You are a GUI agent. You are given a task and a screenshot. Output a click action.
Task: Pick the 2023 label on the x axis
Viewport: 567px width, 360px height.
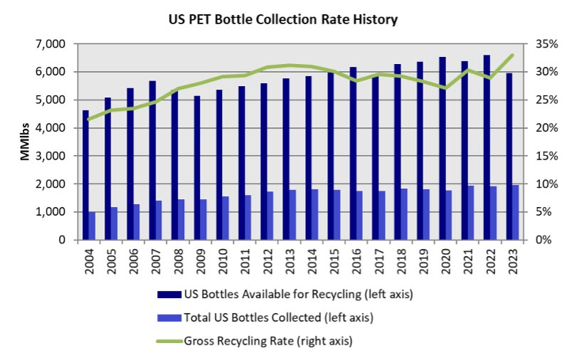(512, 262)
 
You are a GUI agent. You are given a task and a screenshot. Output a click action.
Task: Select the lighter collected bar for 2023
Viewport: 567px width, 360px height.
(515, 212)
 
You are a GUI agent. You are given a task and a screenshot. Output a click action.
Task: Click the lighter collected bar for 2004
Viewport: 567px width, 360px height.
(92, 226)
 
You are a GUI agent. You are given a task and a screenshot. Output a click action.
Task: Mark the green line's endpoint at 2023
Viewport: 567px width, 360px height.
(512, 55)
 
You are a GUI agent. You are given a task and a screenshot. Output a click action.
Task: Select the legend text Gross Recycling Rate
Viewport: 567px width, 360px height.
(268, 341)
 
